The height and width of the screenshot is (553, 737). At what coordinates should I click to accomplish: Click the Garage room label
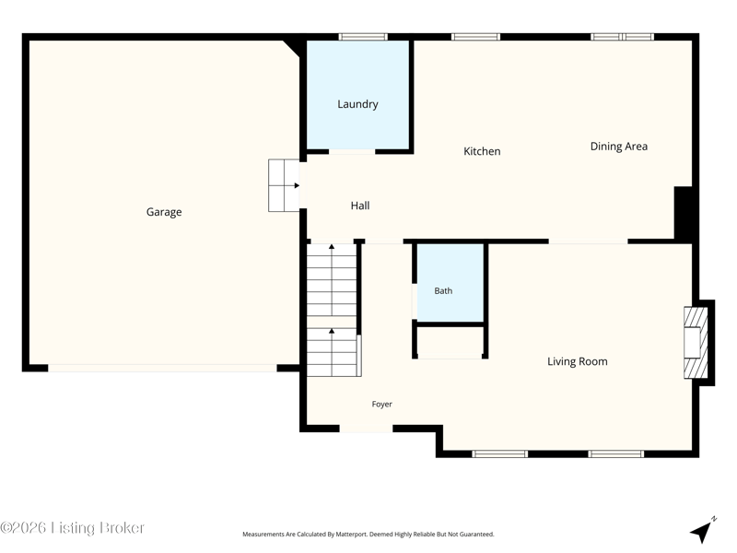164,212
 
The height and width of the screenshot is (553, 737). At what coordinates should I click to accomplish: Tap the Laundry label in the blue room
357,104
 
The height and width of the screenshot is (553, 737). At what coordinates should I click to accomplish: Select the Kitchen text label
482,151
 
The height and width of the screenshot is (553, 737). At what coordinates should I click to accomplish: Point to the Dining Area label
618,147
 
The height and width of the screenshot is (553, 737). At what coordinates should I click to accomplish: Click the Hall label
360,206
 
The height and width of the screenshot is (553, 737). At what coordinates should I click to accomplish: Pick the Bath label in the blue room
443,291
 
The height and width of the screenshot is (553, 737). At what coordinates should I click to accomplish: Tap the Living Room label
578,361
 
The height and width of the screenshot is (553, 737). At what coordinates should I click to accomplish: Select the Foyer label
381,404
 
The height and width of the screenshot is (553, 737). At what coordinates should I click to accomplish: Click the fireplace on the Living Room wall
696,342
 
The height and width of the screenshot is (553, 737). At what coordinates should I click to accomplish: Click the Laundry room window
363,37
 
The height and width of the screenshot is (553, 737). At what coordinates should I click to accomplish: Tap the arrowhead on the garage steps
297,186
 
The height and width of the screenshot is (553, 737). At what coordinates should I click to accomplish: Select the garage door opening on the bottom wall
163,368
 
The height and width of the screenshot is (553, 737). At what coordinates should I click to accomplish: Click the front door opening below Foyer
366,429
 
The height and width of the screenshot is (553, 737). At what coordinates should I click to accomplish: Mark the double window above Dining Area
623,37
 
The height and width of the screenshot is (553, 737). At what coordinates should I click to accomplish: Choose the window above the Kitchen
475,37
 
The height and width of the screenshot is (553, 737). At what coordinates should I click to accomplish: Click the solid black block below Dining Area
683,215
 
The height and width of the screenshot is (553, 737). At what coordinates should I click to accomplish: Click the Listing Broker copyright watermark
72,527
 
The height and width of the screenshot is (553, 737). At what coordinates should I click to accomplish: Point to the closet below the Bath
450,342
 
